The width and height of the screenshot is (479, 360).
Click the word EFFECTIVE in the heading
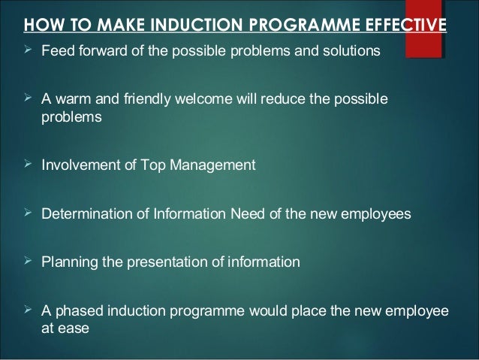[407, 28]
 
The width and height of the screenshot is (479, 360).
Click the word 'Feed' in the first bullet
[53, 52]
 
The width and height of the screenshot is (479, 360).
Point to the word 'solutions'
[351, 52]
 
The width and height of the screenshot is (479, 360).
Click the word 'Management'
[214, 165]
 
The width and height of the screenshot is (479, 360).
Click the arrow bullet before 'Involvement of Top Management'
[29, 165]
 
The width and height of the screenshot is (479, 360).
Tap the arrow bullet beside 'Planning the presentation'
[29, 262]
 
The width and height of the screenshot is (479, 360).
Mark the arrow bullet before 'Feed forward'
[29, 51]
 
